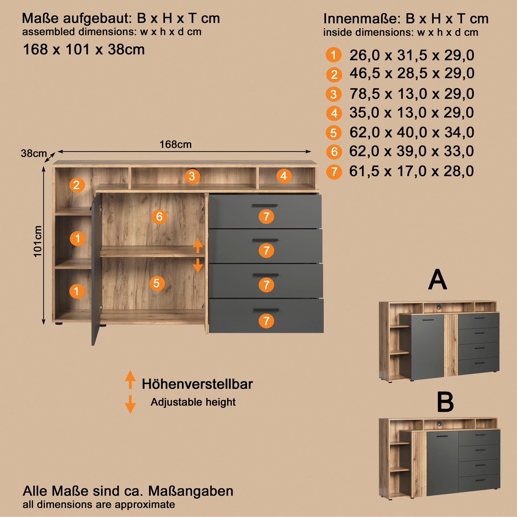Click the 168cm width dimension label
click(x=176, y=145)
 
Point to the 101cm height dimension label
click(x=38, y=241)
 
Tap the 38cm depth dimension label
click(x=34, y=153)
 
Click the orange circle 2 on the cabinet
click(x=77, y=185)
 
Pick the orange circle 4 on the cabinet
click(x=284, y=176)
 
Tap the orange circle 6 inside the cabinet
click(x=159, y=216)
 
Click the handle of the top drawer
click(x=265, y=206)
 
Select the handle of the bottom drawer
click(x=266, y=310)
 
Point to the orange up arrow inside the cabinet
click(x=198, y=246)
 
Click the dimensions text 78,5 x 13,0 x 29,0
click(x=412, y=94)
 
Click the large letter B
click(x=445, y=402)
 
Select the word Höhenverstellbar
click(x=197, y=384)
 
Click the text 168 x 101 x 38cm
click(x=84, y=50)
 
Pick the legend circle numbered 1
click(x=333, y=55)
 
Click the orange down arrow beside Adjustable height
click(x=130, y=404)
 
